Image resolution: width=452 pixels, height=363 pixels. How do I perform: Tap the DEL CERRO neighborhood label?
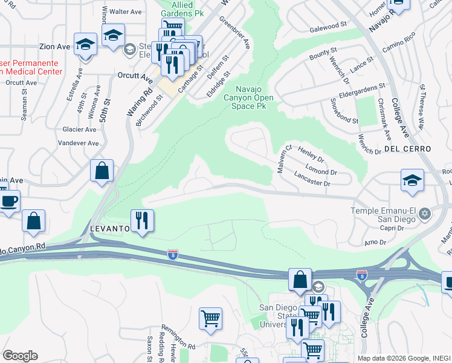coord(407,149)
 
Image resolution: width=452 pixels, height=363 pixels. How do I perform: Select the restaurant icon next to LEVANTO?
coord(142,221)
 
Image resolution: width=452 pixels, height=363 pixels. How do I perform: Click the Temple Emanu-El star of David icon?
coord(425,212)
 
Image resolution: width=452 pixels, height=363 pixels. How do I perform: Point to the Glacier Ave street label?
coord(79,129)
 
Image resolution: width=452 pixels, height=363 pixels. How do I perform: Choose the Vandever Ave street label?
coord(80,143)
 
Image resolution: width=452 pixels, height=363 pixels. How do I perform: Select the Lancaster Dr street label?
coord(312,179)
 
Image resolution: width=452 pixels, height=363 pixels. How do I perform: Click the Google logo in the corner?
coord(20,355)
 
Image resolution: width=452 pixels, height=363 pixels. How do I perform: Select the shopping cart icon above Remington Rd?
coord(210,318)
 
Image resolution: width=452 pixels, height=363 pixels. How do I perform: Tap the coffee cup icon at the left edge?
coord(8,202)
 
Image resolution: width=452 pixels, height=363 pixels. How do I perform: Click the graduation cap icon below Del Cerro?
coord(412,180)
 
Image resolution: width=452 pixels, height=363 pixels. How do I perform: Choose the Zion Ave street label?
coord(55,47)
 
